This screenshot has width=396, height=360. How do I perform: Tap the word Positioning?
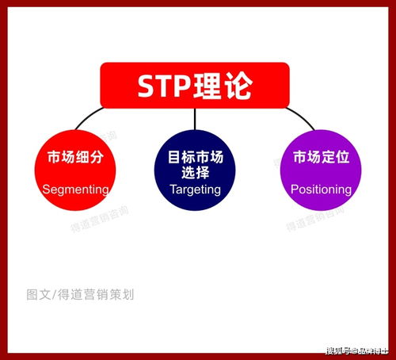(321, 190)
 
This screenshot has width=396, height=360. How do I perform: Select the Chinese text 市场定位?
(320, 156)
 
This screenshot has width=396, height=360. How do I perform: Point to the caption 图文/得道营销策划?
(80, 294)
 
